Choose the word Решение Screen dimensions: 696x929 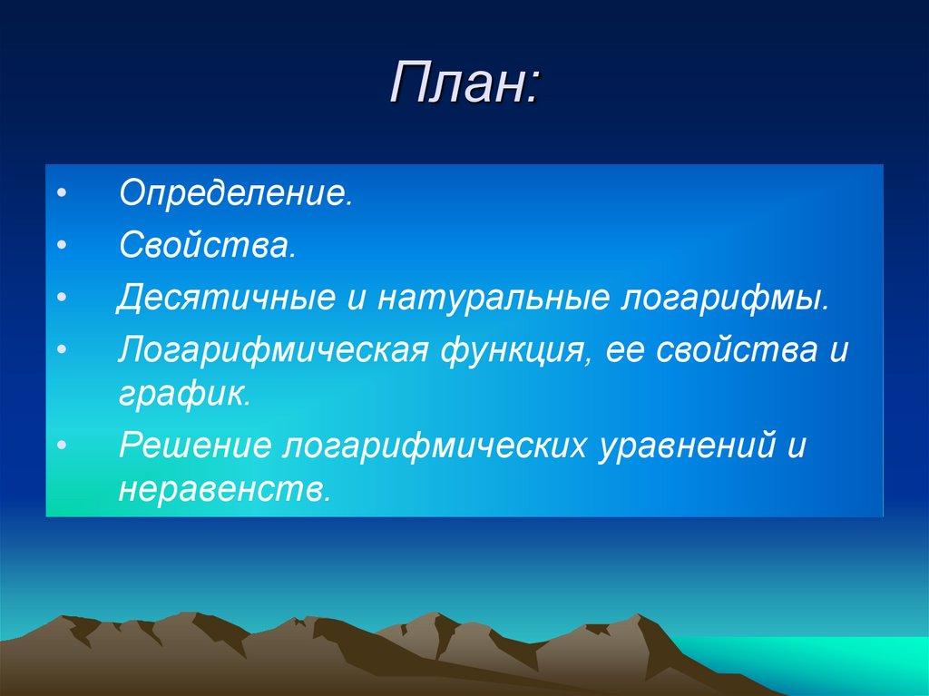point(195,447)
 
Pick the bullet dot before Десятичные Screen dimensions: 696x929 point(61,299)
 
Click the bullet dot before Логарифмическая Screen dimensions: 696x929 point(61,350)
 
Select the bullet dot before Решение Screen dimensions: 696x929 point(61,448)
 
